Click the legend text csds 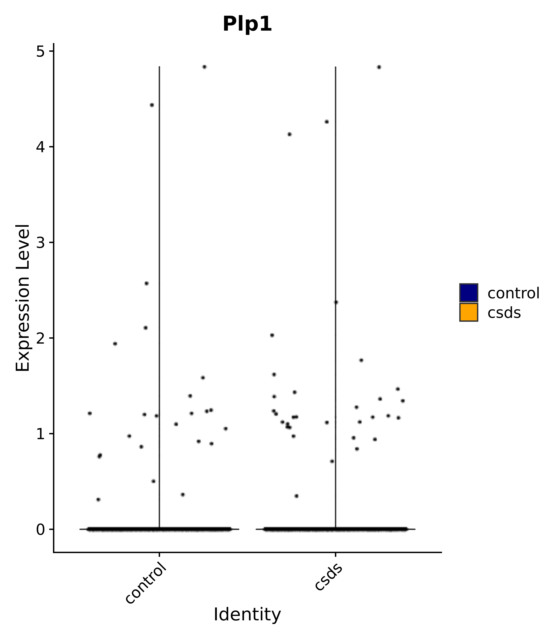click(x=504, y=313)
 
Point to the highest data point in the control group click(x=204, y=67)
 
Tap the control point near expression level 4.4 click(x=152, y=105)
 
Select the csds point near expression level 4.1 click(x=289, y=134)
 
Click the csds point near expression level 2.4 click(x=336, y=302)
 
